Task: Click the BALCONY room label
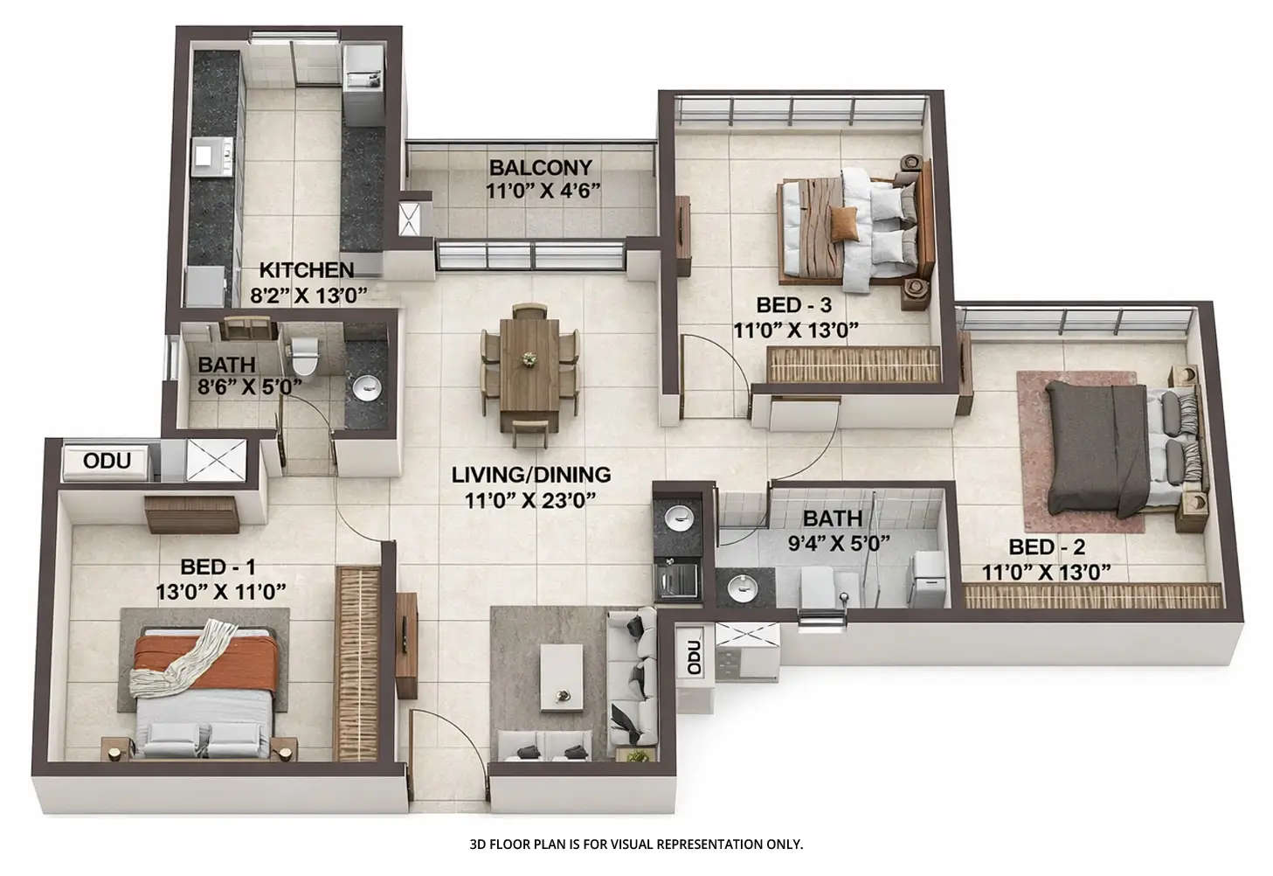pyautogui.click(x=540, y=167)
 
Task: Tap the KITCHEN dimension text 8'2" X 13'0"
pyautogui.click(x=309, y=295)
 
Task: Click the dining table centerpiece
pyautogui.click(x=529, y=358)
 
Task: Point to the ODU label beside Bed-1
pyautogui.click(x=107, y=461)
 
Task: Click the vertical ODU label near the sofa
pyautogui.click(x=693, y=656)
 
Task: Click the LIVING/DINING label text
pyautogui.click(x=530, y=475)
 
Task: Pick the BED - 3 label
pyautogui.click(x=793, y=305)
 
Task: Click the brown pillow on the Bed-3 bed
pyautogui.click(x=845, y=224)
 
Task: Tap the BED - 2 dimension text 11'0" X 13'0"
pyautogui.click(x=1046, y=573)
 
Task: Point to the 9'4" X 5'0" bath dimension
pyautogui.click(x=838, y=543)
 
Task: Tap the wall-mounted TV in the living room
pyautogui.click(x=406, y=645)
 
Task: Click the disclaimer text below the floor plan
pyautogui.click(x=635, y=845)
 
